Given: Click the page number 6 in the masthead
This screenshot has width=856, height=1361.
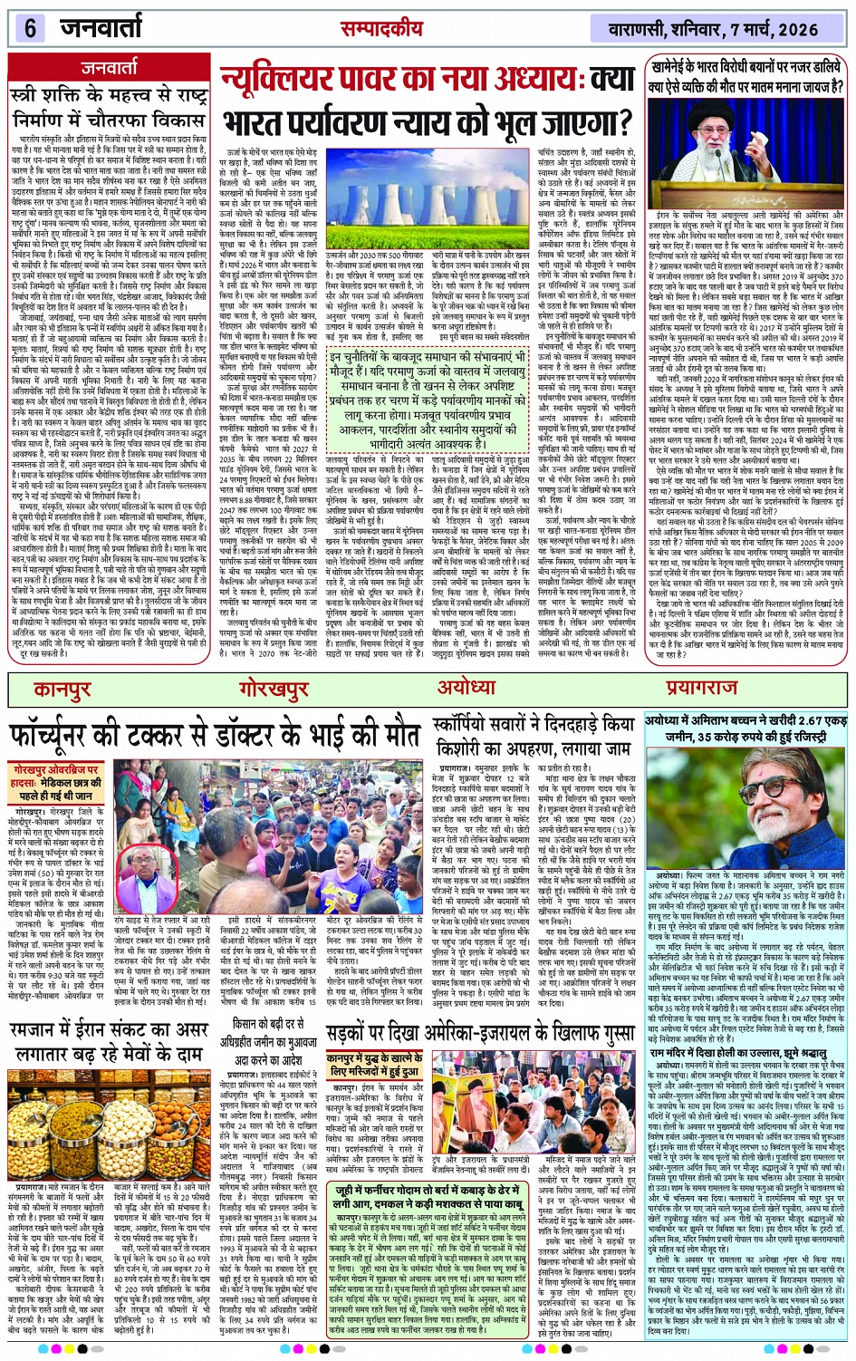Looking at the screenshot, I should (30, 28).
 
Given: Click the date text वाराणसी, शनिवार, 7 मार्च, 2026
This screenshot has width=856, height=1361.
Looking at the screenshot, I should (713, 29).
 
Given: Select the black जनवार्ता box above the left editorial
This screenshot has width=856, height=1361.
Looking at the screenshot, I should (109, 68).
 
